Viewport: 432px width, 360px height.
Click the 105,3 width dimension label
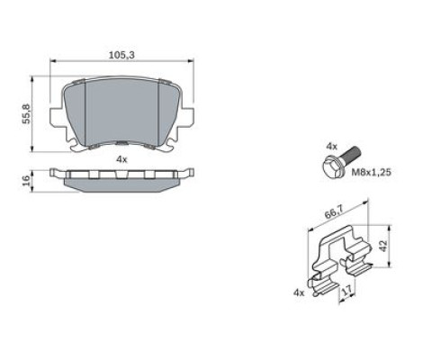(121, 55)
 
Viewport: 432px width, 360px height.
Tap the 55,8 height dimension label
(26, 113)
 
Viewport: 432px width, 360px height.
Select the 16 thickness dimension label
(27, 180)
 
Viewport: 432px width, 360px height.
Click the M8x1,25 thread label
(372, 172)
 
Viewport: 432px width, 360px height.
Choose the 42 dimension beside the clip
(383, 246)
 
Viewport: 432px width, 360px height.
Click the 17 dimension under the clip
(346, 291)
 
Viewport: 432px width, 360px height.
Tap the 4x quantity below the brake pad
(121, 159)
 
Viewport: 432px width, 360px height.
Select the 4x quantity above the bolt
(331, 147)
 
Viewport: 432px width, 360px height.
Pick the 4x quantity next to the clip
(299, 292)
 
